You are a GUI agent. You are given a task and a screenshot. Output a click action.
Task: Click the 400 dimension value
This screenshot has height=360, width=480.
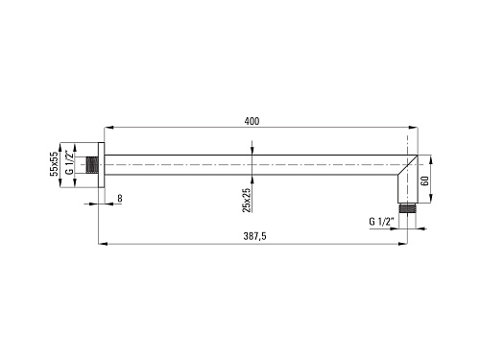pyautogui.click(x=252, y=121)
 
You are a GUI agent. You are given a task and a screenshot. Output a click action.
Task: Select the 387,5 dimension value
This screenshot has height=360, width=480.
pyautogui.click(x=254, y=236)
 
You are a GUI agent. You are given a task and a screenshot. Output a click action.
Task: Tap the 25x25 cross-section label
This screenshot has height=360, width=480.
pyautogui.click(x=247, y=200)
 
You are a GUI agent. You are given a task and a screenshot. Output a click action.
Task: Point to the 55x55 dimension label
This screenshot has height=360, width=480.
pyautogui.click(x=54, y=163)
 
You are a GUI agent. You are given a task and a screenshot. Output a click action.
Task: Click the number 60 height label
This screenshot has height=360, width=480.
pyautogui.click(x=424, y=181)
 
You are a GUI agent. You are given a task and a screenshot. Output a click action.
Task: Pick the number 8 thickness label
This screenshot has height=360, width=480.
pyautogui.click(x=120, y=199)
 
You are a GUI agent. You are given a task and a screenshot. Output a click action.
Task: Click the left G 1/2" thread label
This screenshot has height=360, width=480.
pyautogui.click(x=69, y=162)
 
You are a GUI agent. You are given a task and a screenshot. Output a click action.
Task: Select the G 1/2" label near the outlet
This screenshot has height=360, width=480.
pyautogui.click(x=381, y=222)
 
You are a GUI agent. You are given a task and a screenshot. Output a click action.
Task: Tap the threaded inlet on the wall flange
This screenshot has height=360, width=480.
pyautogui.click(x=92, y=165)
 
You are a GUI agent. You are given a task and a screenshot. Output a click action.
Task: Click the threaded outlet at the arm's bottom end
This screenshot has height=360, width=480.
pyautogui.click(x=408, y=208)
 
